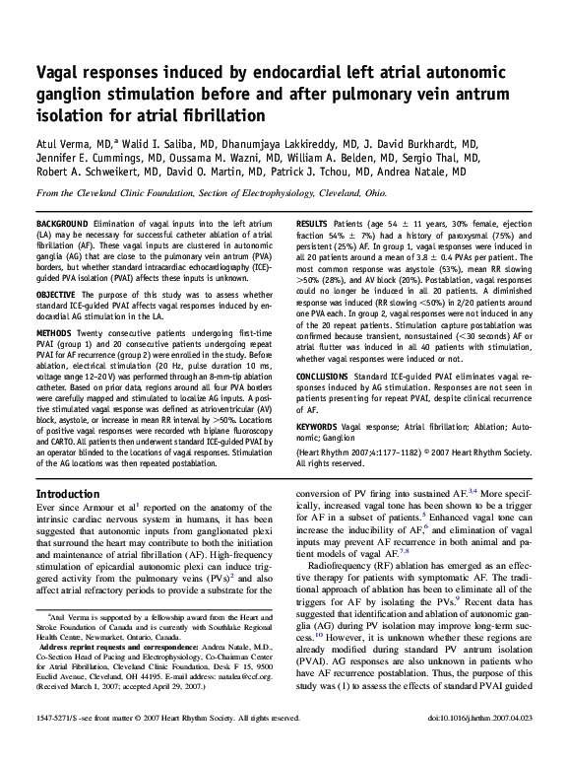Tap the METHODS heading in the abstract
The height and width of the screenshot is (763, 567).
point(57,335)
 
